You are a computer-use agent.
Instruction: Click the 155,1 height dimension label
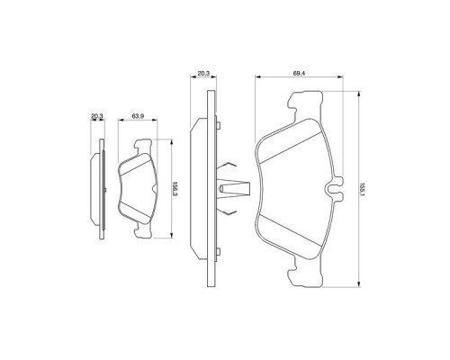pyautogui.click(x=362, y=184)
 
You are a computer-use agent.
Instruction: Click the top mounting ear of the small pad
pyautogui.click(x=142, y=143)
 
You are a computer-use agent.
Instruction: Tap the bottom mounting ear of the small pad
pyautogui.click(x=142, y=232)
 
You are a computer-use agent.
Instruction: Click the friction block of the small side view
pyautogui.click(x=94, y=187)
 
